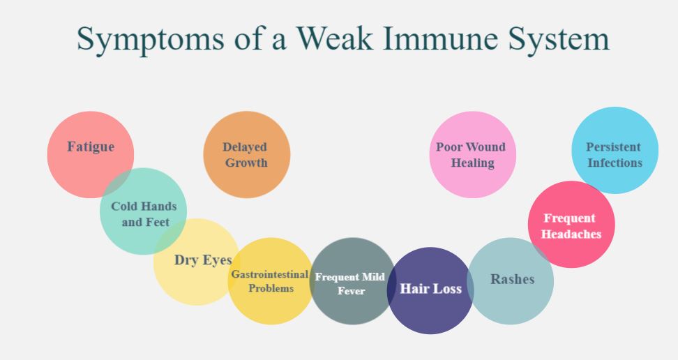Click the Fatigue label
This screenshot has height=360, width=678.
(x=91, y=147)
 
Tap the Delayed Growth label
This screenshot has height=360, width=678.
(x=246, y=155)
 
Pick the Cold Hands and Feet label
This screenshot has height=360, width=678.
(x=144, y=214)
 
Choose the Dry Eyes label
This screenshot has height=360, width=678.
(x=203, y=260)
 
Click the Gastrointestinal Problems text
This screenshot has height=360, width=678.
(x=270, y=280)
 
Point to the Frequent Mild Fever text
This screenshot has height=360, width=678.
(x=350, y=283)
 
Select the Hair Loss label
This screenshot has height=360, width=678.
(x=430, y=288)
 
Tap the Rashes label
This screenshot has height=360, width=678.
(x=512, y=279)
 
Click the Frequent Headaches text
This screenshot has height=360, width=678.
(x=571, y=226)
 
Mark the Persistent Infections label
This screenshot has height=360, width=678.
(x=614, y=155)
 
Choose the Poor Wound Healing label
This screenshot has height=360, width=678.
(x=472, y=155)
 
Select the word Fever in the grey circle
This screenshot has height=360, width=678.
(x=351, y=291)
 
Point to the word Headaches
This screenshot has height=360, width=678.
(x=571, y=234)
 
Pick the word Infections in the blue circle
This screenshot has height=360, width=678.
(x=615, y=163)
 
